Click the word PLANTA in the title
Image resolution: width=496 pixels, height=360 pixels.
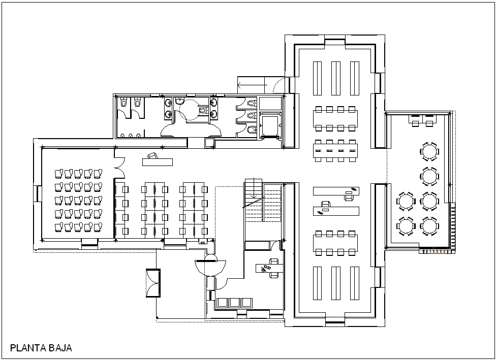(28, 348)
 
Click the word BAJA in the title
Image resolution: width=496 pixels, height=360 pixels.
(60, 348)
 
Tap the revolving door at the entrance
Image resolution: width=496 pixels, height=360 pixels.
(210, 266)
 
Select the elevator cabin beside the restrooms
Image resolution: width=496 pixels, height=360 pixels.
(269, 125)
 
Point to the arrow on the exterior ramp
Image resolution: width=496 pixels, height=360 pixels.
(252, 85)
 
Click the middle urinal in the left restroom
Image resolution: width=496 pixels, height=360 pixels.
(130, 136)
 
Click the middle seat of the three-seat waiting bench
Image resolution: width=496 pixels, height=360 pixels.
(234, 303)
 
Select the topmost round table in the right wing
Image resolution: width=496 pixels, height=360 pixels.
(429, 151)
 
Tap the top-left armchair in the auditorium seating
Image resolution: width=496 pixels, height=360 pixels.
(58, 174)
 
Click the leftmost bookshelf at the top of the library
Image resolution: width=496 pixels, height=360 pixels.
(317, 78)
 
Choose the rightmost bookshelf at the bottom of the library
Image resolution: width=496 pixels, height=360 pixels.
(355, 283)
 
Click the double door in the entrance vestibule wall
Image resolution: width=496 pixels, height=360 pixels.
(153, 283)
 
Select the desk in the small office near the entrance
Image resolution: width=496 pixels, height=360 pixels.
(269, 268)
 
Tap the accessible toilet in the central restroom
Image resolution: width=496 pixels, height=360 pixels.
(203, 110)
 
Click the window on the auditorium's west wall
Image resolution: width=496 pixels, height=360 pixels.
(38, 193)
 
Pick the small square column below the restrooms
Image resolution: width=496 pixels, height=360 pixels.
(209, 143)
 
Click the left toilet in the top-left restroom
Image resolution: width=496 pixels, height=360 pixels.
(123, 102)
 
